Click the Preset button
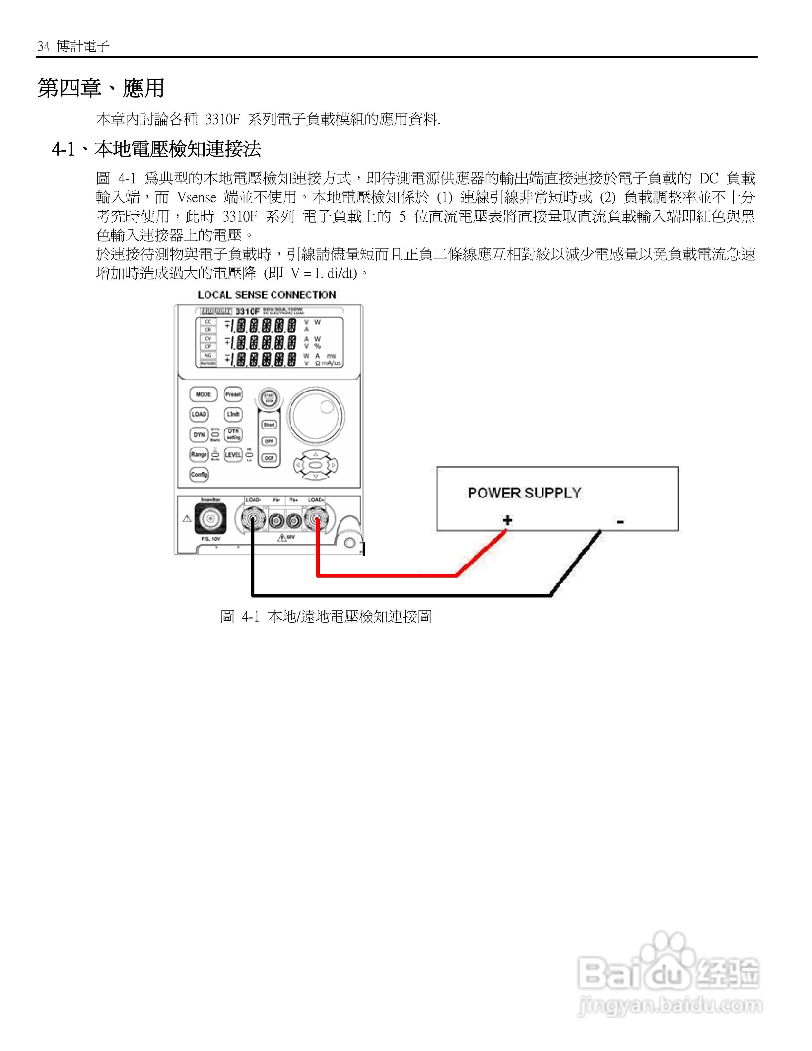point(233,394)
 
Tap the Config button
point(199,474)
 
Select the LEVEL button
point(233,454)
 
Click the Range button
point(199,454)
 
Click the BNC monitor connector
point(210,519)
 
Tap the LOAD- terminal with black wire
point(252,519)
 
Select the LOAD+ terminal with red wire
point(316,519)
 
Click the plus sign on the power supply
point(507,520)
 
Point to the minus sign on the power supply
point(620,522)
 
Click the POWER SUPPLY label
point(524,493)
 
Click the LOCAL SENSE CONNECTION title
point(266,295)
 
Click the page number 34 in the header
point(44,46)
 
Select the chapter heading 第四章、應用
point(101,88)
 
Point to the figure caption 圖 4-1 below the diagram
point(326,616)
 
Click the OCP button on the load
point(269,457)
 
